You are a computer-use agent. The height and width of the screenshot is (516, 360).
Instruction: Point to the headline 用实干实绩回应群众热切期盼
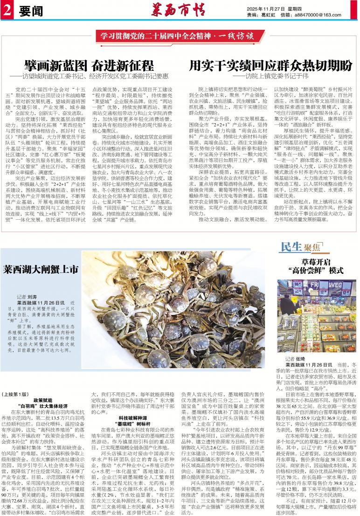click(x=271, y=65)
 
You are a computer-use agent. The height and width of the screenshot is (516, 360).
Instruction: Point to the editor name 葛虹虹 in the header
click(x=268, y=15)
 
